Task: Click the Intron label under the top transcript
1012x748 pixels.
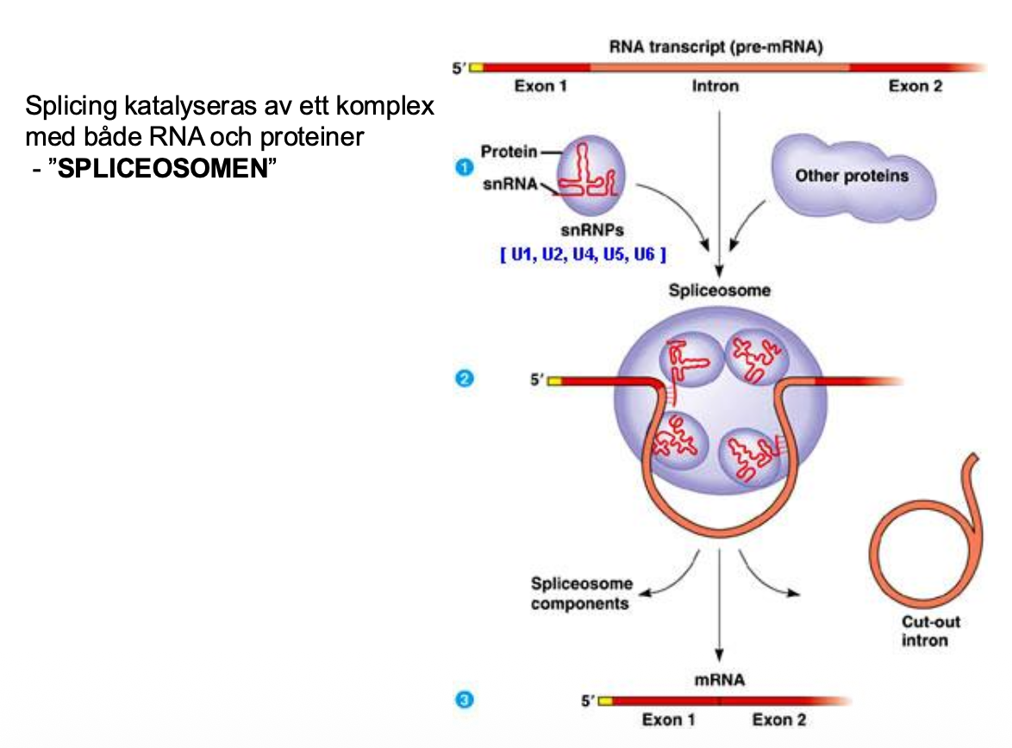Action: coord(715,86)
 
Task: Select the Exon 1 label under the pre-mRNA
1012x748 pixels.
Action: coord(540,86)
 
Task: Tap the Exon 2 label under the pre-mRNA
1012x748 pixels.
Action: coord(915,86)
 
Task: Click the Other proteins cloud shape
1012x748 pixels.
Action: coord(851,177)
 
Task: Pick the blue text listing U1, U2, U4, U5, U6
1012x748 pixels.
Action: coord(584,256)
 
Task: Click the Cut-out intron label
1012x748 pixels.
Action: coord(930,631)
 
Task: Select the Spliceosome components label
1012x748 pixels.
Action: coord(580,594)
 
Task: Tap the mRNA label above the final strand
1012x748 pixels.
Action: coord(720,680)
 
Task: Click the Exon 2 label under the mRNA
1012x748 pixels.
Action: coord(779,720)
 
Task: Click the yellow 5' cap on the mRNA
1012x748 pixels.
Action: coord(605,701)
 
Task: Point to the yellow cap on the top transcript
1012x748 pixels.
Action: coord(476,67)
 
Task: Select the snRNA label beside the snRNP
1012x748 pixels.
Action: coord(510,183)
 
